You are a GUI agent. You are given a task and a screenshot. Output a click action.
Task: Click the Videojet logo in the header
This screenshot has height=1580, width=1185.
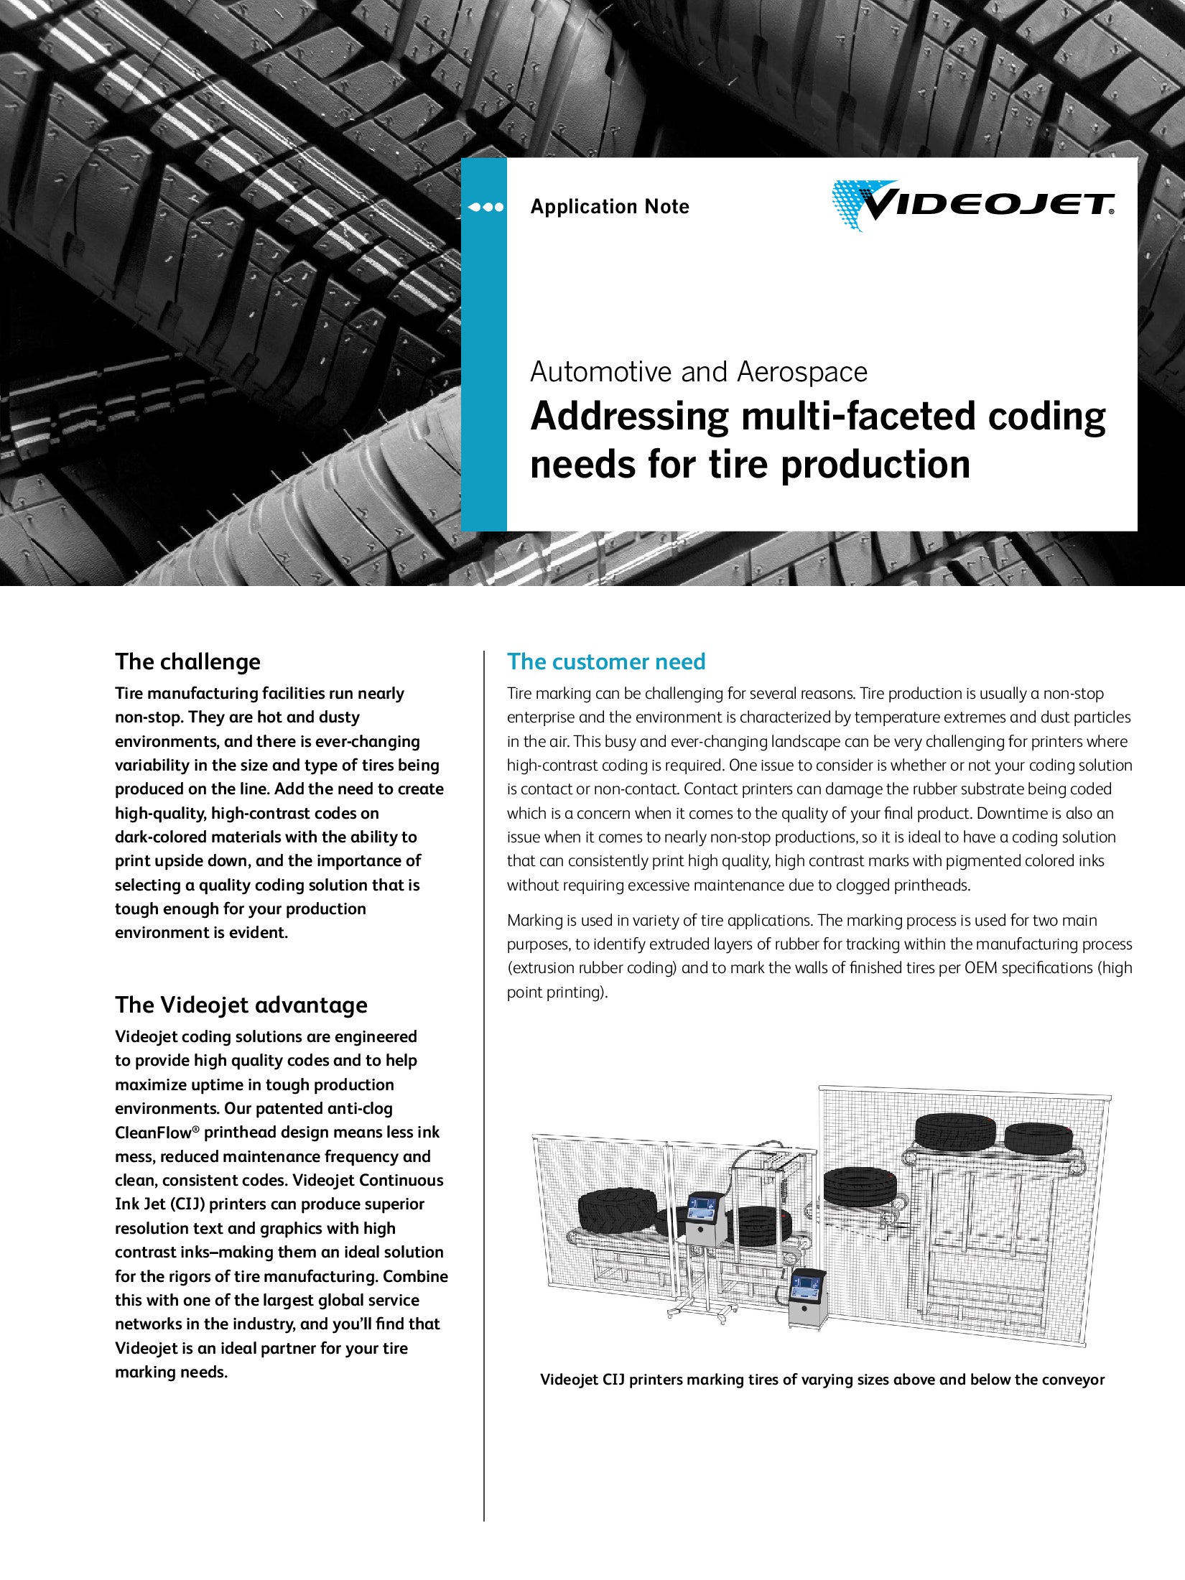pos(973,205)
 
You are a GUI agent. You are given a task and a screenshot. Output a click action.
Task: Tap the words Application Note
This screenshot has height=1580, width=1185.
pos(610,207)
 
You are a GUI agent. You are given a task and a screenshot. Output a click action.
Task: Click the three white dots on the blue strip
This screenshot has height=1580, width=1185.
pos(485,208)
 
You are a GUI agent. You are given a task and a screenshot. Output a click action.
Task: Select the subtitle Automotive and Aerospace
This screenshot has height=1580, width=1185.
pos(699,372)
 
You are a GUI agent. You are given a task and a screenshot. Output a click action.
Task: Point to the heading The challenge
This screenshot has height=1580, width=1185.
pos(187,661)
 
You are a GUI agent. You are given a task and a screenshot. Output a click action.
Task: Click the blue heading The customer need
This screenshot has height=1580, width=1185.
pos(606,661)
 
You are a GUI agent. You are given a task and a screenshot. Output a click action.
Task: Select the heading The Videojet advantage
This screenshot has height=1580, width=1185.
pos(241,1005)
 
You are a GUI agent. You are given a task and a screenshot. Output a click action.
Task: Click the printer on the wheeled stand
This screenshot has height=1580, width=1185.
pos(703,1216)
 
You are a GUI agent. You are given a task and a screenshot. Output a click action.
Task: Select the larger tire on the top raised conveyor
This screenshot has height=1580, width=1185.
pos(954,1133)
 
